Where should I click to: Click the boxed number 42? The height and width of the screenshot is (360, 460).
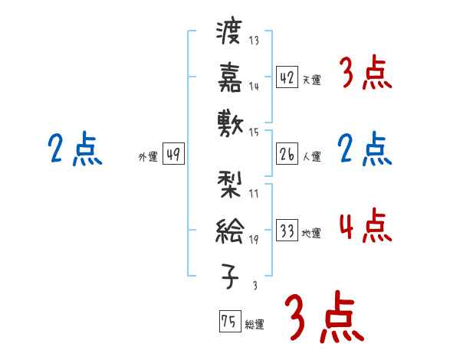click(287, 77)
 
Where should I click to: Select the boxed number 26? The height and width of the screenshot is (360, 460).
click(287, 154)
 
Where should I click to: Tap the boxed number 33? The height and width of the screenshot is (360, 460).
click(287, 231)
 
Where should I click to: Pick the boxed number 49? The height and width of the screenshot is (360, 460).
click(173, 155)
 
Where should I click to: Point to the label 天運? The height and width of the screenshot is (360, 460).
click(311, 80)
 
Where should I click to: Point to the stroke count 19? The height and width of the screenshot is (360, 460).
click(254, 239)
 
